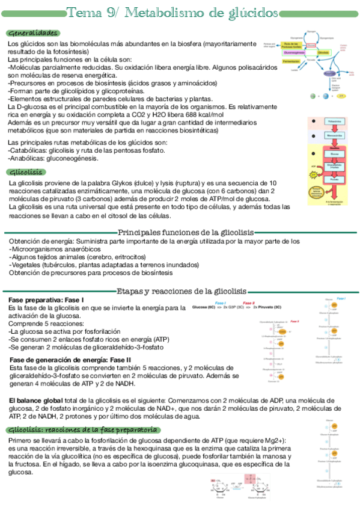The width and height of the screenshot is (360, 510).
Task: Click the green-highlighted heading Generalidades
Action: pyautogui.click(x=33, y=32)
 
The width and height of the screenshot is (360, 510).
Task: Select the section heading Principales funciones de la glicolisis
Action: pyautogui.click(x=186, y=233)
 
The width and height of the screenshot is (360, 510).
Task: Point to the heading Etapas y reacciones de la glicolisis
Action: pyautogui.click(x=186, y=290)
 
